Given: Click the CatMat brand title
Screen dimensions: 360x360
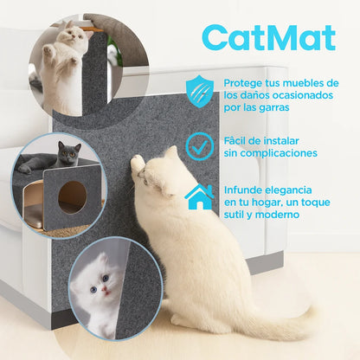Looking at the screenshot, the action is tap(269, 38).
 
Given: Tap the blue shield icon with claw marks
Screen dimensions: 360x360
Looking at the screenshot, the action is tap(200, 91).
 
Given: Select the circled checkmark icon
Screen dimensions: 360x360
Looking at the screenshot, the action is tap(200, 146).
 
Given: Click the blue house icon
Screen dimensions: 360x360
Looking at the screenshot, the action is tap(200, 197).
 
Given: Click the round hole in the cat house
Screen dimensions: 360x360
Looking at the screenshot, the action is tap(72, 197).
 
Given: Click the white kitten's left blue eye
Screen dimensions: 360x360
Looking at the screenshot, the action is tap(93, 290).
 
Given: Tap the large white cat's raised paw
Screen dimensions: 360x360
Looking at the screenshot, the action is tap(138, 162).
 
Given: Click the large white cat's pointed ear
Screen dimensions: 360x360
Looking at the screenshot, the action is tap(172, 152).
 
